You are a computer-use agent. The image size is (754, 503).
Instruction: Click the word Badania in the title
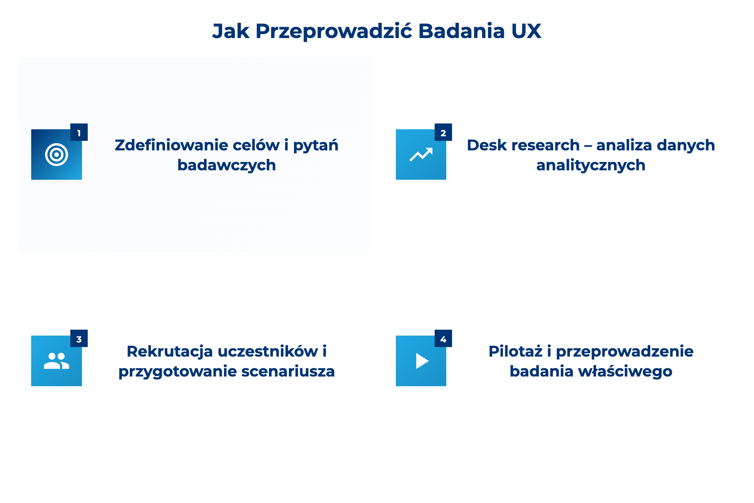[461, 31]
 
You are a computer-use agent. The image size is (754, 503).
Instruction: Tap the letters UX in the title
[526, 31]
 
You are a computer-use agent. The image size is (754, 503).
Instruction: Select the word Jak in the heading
[231, 31]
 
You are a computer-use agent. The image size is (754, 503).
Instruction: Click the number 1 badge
[79, 132]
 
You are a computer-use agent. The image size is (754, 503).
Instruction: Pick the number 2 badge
[443, 132]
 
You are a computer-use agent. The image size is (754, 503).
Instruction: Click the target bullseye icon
[57, 155]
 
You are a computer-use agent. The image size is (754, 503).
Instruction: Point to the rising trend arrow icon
[421, 155]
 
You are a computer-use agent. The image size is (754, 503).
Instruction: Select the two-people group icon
[57, 361]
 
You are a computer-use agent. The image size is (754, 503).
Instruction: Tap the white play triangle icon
[422, 361]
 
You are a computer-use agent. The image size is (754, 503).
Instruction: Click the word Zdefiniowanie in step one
[171, 145]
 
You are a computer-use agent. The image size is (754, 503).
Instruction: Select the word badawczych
[227, 165]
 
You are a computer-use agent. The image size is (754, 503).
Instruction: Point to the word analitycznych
[591, 165]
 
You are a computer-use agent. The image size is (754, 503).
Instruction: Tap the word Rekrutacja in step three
[169, 352]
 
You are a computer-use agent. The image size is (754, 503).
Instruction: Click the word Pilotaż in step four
[515, 352]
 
